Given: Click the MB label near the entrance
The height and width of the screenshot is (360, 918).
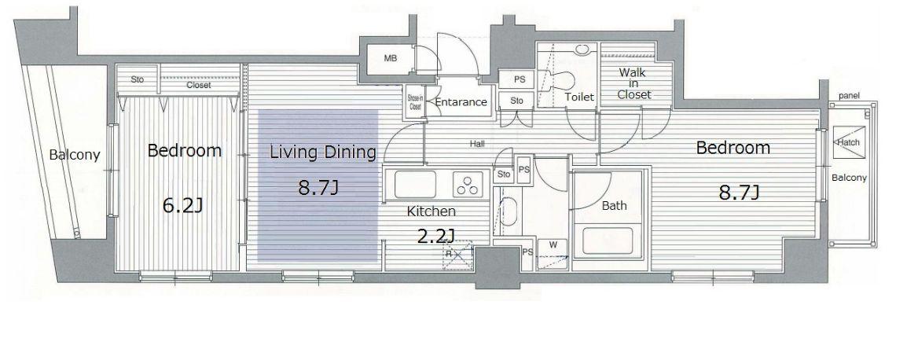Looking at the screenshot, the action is pyautogui.click(x=390, y=58).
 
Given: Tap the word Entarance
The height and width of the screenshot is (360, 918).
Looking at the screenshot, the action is pyautogui.click(x=461, y=102).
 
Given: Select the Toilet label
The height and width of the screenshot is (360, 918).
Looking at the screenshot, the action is pyautogui.click(x=579, y=97).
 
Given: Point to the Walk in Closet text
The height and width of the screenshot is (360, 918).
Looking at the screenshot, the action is pyautogui.click(x=633, y=83).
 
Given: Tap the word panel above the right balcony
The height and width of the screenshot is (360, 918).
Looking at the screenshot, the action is pyautogui.click(x=848, y=95).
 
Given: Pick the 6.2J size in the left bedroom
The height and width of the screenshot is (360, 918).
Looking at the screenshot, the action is pyautogui.click(x=182, y=205).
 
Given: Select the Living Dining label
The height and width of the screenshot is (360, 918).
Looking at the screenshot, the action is pyautogui.click(x=322, y=152).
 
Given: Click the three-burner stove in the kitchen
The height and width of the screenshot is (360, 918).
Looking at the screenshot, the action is pyautogui.click(x=470, y=185).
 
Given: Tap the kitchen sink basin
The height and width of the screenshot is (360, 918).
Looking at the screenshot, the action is pyautogui.click(x=415, y=185).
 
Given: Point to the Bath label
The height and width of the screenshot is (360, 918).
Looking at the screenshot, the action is pyautogui.click(x=614, y=205).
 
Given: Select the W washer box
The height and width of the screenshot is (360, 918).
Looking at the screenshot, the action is pyautogui.click(x=553, y=253).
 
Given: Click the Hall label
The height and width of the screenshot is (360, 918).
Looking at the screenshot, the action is pyautogui.click(x=476, y=143).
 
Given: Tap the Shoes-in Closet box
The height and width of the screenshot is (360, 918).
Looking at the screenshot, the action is pyautogui.click(x=414, y=103).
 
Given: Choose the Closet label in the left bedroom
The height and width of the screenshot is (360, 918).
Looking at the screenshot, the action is pyautogui.click(x=199, y=85).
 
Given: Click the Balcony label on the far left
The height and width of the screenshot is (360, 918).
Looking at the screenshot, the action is pyautogui.click(x=75, y=156).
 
